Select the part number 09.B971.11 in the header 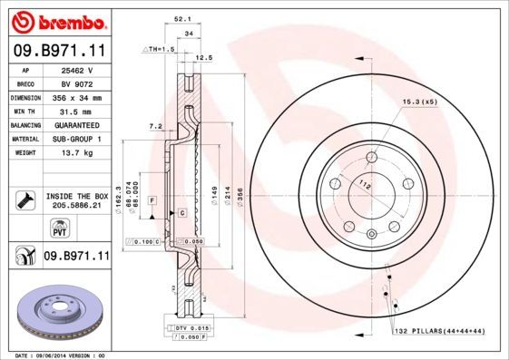click(x=59, y=52)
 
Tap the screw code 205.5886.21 click(x=77, y=206)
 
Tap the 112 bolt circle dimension click(x=366, y=185)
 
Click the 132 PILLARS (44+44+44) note click(x=438, y=333)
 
